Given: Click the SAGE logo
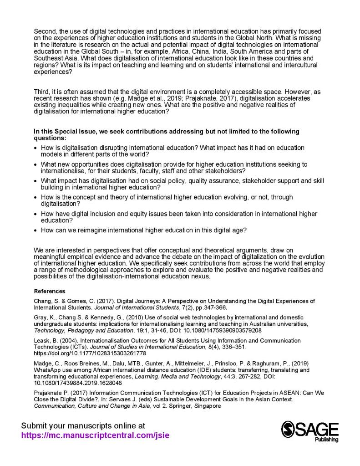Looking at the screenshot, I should [x=309, y=430].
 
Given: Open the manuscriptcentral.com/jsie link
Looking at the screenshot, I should [x=95, y=435].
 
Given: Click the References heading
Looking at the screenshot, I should [x=50, y=291].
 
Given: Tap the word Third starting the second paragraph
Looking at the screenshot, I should [x=42, y=92].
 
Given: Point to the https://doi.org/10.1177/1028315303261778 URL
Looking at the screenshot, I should [x=90, y=353].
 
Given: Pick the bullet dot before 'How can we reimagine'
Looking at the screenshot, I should [x=36, y=230].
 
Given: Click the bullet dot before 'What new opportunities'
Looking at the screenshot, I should [x=36, y=164].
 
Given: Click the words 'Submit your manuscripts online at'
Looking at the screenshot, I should [x=83, y=425].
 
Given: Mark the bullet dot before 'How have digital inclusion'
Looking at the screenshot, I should [x=36, y=214].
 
